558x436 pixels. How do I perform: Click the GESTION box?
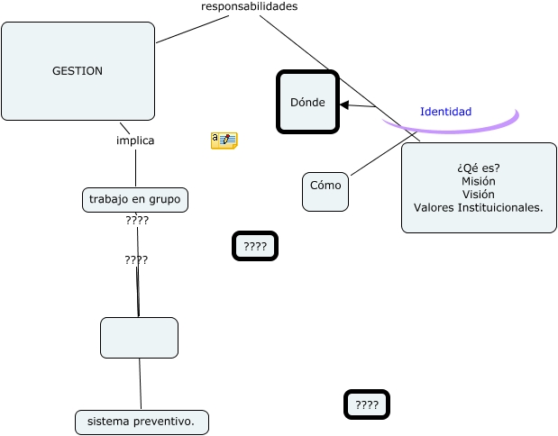[78, 71]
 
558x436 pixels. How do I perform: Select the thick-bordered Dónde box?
[307, 102]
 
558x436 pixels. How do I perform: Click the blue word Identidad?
[445, 112]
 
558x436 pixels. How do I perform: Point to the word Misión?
[478, 181]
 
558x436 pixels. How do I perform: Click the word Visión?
[478, 194]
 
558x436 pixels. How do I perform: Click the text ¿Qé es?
[479, 168]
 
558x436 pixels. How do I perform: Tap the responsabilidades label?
[249, 6]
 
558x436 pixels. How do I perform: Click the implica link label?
[135, 141]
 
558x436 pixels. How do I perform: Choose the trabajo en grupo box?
[135, 199]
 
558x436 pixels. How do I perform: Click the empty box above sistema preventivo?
[139, 338]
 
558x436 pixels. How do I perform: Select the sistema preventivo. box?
[142, 422]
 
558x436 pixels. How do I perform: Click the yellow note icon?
[224, 140]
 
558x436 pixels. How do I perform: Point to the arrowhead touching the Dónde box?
[343, 105]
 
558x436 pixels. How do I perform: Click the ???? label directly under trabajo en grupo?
[137, 220]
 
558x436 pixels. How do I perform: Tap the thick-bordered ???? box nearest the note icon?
[255, 246]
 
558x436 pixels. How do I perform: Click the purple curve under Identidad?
[451, 129]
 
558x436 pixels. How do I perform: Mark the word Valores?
[435, 207]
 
